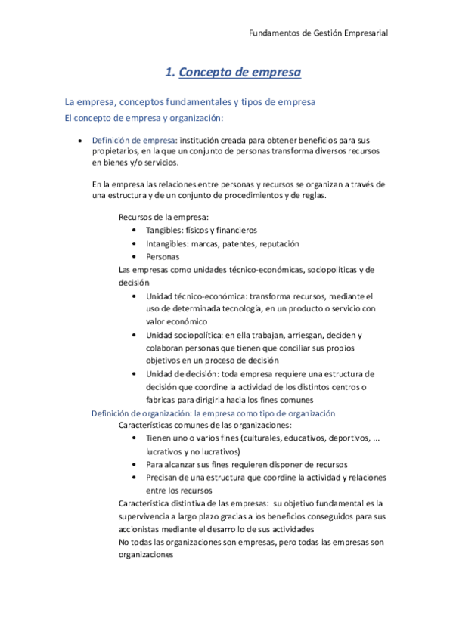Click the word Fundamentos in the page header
[275, 33]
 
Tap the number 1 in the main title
[169, 73]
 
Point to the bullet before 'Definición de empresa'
[80, 141]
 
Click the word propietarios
[118, 152]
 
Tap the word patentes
[236, 243]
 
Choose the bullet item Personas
[163, 256]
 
